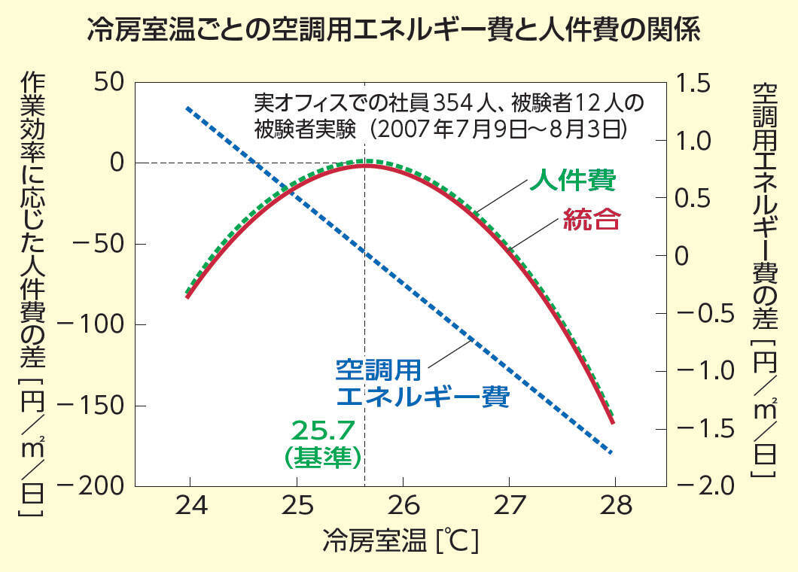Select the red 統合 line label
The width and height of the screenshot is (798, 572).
point(592,221)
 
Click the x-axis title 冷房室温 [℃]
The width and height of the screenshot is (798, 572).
point(401,540)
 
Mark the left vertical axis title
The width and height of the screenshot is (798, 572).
point(31,294)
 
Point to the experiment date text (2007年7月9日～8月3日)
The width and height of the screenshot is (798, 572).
point(498,129)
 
